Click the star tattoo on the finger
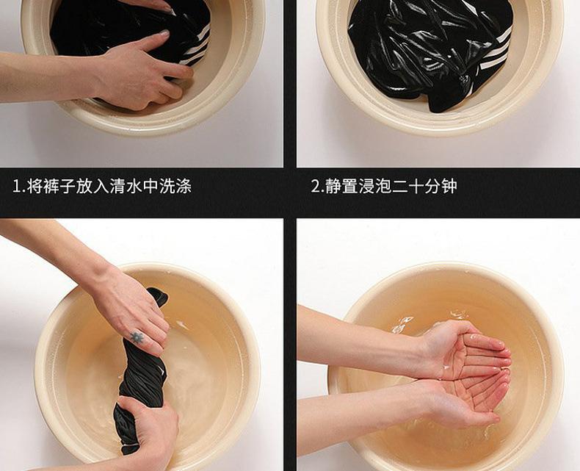137,337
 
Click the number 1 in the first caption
17,186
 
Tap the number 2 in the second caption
315,186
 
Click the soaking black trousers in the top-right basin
429,48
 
